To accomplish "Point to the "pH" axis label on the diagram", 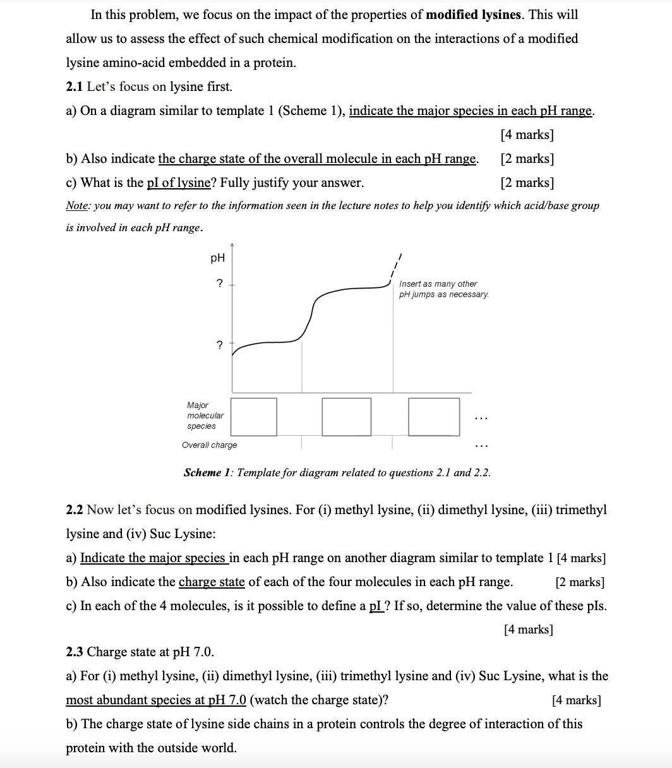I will coord(217,258).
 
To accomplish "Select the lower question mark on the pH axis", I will coord(219,345).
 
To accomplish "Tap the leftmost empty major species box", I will coord(253,417).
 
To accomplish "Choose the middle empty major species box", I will coord(346,417).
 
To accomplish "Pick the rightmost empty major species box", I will coord(433,417).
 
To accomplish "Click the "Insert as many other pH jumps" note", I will coord(444,289).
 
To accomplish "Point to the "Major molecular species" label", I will coord(205,416).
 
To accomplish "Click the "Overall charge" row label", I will coord(209,445).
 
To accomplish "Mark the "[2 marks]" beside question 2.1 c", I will coord(527,183).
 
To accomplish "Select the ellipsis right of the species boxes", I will coord(481,418).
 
